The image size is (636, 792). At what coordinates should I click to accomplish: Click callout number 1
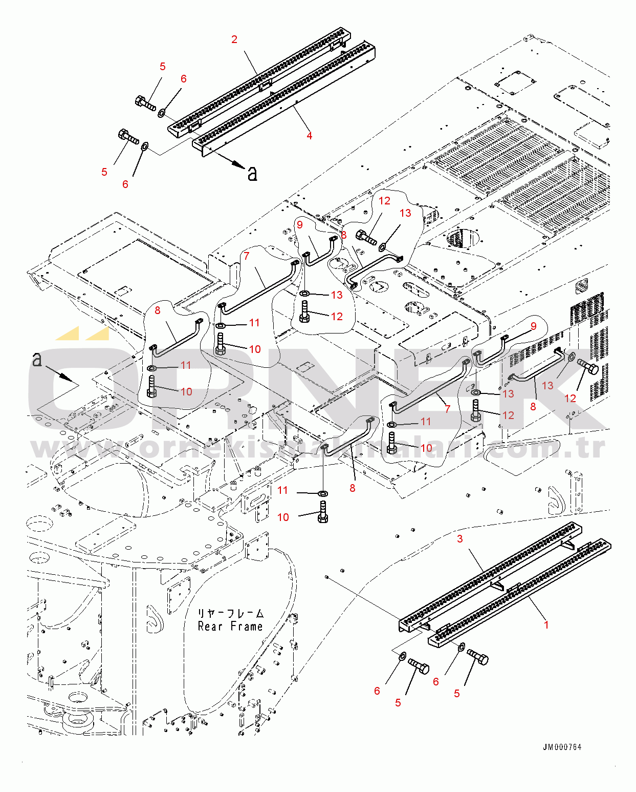546,624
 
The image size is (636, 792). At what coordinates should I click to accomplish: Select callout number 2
234,39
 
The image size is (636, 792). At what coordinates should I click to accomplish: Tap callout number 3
460,538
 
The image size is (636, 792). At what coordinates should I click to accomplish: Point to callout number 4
309,136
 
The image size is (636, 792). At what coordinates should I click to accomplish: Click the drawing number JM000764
562,747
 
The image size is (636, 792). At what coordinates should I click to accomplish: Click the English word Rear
210,627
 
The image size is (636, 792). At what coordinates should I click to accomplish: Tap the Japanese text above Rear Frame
231,613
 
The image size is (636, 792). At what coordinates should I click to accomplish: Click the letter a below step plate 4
252,174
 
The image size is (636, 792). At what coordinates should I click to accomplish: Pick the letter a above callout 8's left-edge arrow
37,359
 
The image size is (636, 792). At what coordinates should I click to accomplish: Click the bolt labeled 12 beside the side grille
588,366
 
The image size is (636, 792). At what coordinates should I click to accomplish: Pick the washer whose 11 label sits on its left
322,493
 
